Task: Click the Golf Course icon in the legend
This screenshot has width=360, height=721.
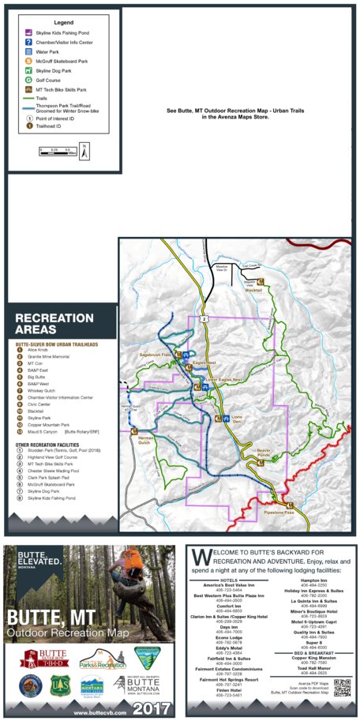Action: [29, 80]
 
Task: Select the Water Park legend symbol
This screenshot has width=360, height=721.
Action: [29, 51]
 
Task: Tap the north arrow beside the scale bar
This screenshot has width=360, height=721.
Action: [84, 147]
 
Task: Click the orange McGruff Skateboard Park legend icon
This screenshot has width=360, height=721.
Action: [29, 61]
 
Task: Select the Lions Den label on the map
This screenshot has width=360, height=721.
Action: [235, 418]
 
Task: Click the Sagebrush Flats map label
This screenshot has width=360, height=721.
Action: [156, 355]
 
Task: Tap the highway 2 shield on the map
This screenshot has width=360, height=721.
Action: [203, 318]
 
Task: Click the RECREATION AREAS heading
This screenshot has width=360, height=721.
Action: [47, 324]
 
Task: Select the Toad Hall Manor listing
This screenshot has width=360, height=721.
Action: [305, 664]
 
